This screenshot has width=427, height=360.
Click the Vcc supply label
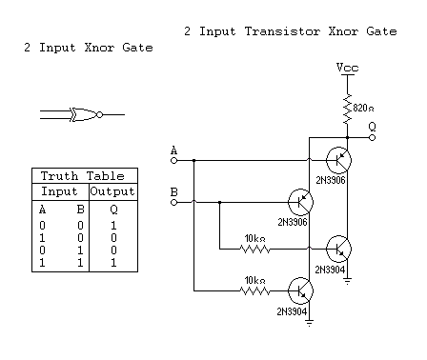(x=347, y=69)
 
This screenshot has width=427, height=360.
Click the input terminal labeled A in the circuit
(x=173, y=160)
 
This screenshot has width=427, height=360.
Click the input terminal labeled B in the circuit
(x=173, y=202)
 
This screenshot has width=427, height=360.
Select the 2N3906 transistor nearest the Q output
(x=336, y=160)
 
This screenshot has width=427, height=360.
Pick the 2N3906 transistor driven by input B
(x=300, y=202)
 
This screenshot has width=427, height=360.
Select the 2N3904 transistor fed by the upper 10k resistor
(x=338, y=249)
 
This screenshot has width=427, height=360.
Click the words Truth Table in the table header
(x=85, y=176)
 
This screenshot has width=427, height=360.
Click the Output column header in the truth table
(x=113, y=191)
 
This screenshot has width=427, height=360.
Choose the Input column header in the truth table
(x=60, y=191)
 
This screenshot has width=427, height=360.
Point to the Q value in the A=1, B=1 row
(x=113, y=260)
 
